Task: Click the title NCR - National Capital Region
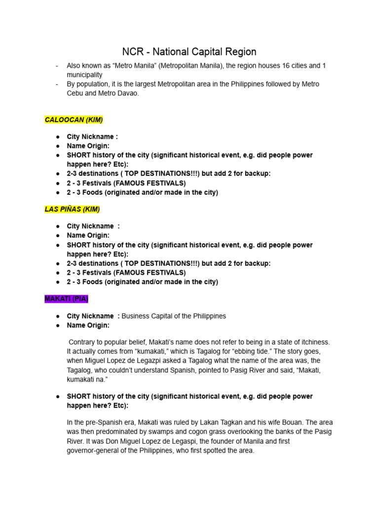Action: [189, 52]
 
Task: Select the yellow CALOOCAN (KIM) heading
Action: [74, 120]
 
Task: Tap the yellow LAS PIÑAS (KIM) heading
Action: [72, 209]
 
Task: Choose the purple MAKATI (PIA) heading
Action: [66, 299]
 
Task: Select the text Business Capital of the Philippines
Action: [174, 316]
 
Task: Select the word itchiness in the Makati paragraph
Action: [312, 342]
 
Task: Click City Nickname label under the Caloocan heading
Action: [92, 137]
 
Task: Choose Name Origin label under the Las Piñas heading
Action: [88, 236]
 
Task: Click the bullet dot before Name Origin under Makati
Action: [58, 326]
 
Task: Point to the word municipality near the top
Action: [85, 75]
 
